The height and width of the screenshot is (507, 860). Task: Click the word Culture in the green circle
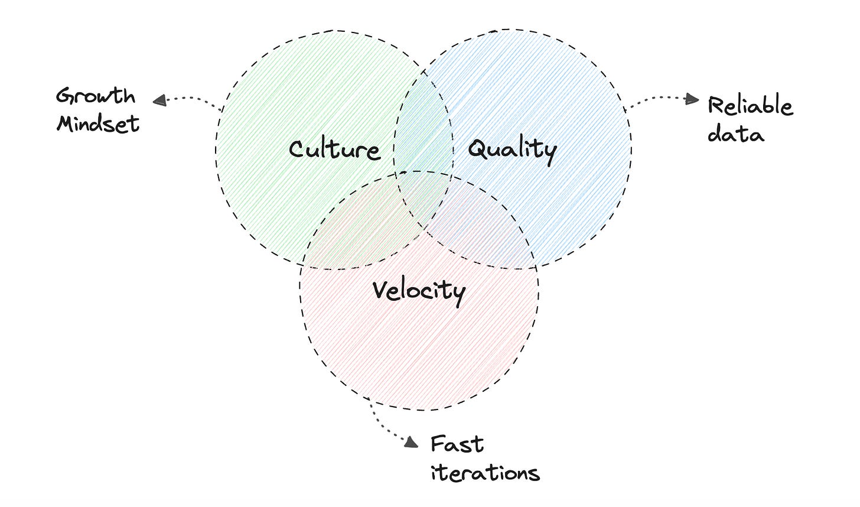click(x=334, y=149)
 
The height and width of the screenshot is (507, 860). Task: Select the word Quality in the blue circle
click(x=512, y=150)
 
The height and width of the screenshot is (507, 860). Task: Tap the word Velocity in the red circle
click(x=419, y=291)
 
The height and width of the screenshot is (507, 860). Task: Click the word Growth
click(x=96, y=96)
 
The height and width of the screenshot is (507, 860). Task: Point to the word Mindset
click(x=98, y=123)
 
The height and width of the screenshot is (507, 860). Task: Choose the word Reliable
click(x=750, y=106)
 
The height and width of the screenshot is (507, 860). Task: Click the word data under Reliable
click(x=735, y=134)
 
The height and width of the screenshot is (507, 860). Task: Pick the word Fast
click(x=457, y=444)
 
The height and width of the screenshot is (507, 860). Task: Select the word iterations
click(x=485, y=472)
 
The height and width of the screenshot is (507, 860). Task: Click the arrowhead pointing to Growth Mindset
click(x=158, y=100)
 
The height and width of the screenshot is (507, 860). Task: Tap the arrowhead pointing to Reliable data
click(x=693, y=100)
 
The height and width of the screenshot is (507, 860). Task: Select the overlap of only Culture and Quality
click(x=423, y=130)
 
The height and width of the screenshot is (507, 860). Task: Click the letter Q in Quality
click(x=477, y=149)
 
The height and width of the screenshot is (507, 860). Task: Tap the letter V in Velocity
click(x=381, y=289)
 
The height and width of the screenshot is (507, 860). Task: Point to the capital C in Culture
click(x=297, y=149)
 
